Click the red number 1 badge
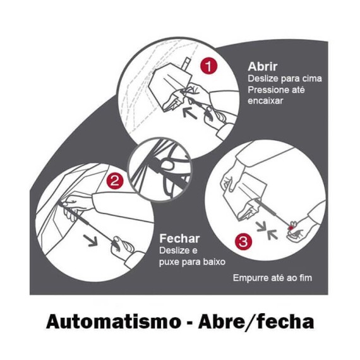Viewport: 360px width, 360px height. [208, 66]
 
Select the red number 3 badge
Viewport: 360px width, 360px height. [243, 241]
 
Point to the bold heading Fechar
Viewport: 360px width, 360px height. [179, 239]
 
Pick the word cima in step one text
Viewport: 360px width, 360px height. [311, 79]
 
